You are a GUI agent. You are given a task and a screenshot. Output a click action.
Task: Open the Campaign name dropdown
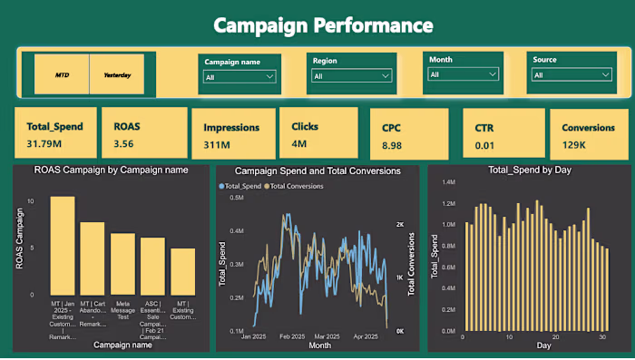[239, 77]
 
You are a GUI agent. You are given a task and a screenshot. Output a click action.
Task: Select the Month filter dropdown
[464, 74]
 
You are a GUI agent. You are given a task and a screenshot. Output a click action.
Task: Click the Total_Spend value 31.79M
[44, 143]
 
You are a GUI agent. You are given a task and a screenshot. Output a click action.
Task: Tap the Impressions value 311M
[215, 144]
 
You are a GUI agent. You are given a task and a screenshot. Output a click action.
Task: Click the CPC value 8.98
[392, 145]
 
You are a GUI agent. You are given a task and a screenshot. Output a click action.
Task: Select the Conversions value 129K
[573, 145]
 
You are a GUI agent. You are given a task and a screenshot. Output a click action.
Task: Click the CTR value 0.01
[484, 145]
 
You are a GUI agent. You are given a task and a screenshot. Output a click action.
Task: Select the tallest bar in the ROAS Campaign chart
[63, 246]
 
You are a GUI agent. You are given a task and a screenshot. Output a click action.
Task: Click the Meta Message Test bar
[122, 264]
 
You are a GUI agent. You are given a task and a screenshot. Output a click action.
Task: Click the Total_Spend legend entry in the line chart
[242, 186]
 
